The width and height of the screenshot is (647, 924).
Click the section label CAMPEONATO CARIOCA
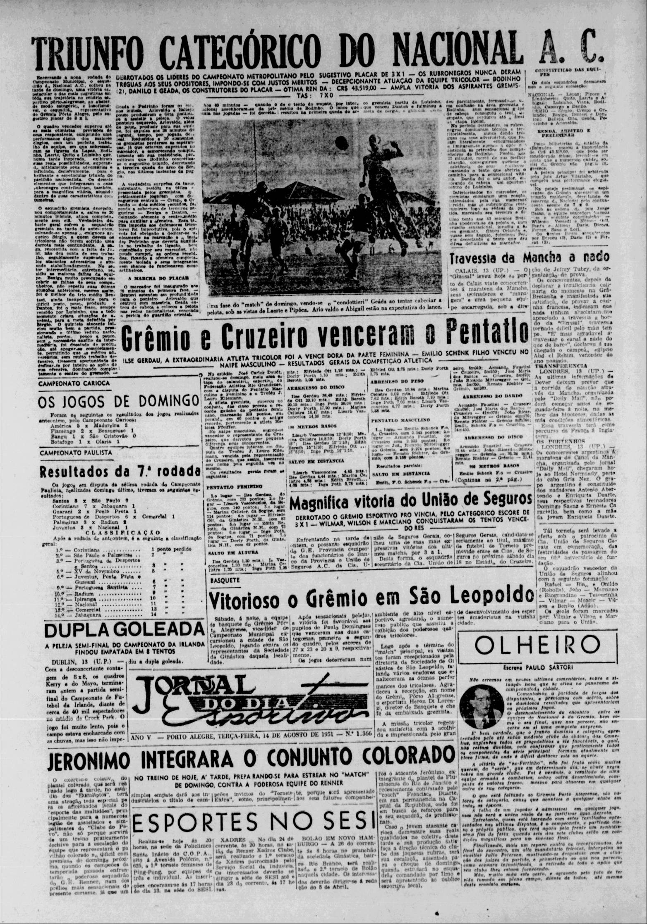tap(74, 383)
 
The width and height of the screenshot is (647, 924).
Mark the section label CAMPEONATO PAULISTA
tap(76, 452)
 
